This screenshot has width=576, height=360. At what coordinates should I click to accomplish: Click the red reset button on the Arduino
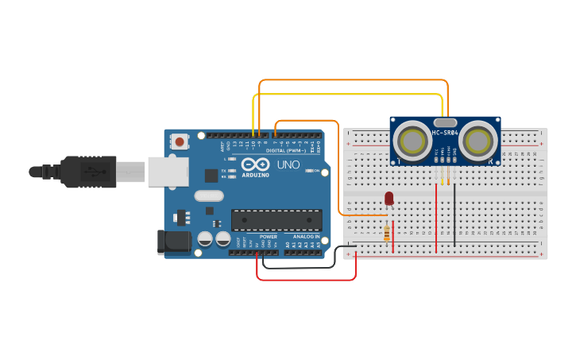point(180,142)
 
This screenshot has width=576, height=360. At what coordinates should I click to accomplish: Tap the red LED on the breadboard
point(389,198)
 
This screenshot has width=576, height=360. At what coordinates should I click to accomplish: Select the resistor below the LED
point(387,232)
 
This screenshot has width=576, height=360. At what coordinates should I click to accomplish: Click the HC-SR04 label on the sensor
point(445,132)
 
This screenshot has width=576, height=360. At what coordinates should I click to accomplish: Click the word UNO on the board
point(288,165)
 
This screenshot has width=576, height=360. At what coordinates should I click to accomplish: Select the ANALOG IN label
point(305,236)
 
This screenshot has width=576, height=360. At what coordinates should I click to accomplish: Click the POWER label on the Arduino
point(268,236)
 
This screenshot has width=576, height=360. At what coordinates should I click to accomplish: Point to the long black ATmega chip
point(276,220)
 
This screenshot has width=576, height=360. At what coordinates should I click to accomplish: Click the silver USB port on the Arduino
point(167,171)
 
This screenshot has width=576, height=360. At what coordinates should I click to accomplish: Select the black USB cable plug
point(87,171)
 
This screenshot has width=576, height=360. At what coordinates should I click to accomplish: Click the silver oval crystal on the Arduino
point(208,195)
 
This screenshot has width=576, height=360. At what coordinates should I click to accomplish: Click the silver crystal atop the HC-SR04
point(445,123)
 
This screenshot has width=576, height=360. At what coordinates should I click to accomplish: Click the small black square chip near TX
point(211,176)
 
